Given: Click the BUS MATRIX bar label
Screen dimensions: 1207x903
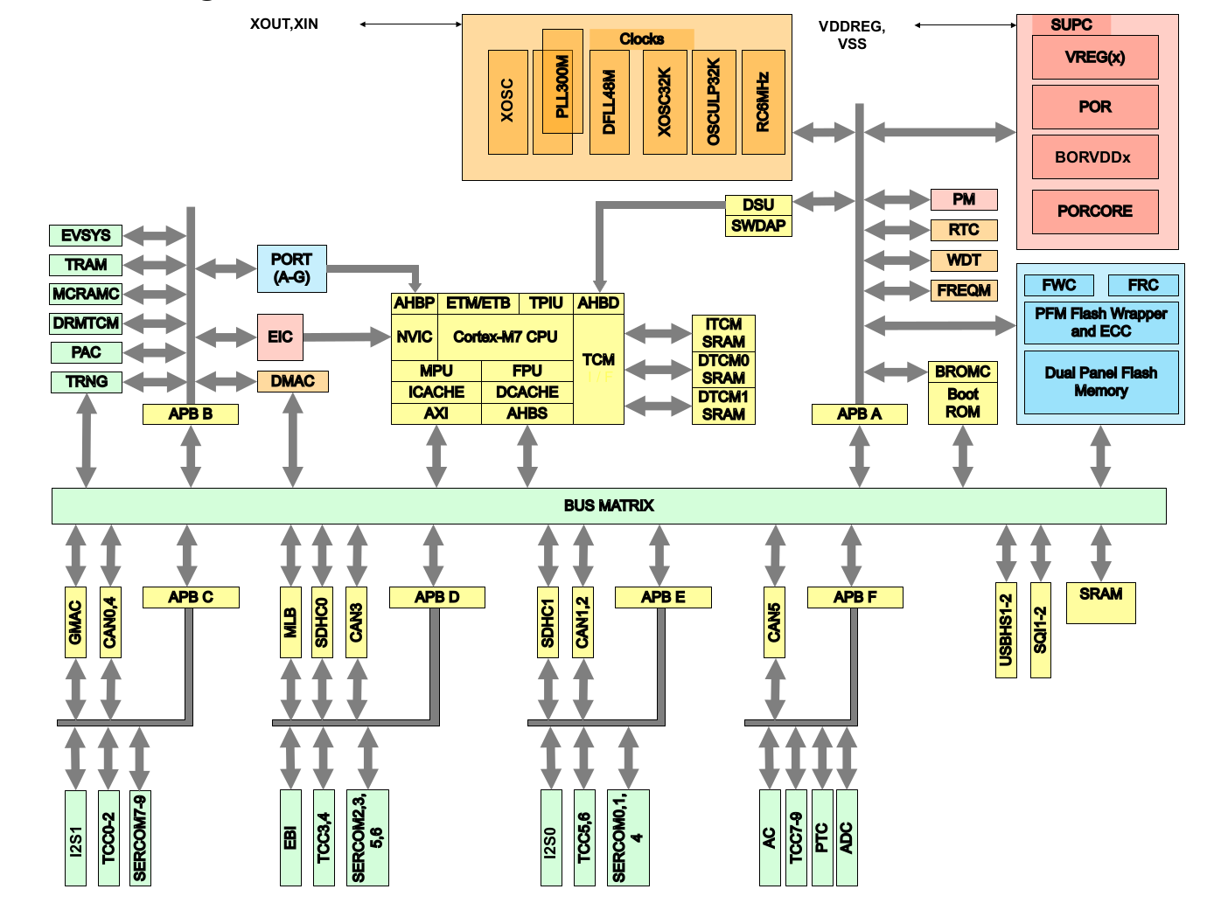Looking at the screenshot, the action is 609,505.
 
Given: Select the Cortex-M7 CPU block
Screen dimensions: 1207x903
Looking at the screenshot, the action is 506,337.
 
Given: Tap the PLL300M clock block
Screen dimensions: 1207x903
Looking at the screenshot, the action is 562,81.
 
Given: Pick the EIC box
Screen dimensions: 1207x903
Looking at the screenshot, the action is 280,337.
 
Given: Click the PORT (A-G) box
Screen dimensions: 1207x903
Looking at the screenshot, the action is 292,268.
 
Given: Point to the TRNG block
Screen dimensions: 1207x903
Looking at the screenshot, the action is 87,382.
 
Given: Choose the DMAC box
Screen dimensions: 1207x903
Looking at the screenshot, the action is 292,381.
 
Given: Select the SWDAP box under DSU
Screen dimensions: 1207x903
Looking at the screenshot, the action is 758,226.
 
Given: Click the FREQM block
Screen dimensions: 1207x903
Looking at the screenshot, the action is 964,290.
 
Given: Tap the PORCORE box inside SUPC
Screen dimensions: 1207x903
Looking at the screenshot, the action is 1095,212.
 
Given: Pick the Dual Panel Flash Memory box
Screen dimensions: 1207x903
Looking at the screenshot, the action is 1101,382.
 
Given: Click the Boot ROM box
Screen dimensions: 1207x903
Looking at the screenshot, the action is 963,403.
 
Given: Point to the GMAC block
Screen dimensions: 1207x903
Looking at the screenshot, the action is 75,622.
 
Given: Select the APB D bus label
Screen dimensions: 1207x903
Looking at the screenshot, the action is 437,597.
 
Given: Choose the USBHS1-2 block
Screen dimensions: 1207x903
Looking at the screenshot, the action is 1006,630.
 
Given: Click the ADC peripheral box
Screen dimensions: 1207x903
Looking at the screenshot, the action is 847,837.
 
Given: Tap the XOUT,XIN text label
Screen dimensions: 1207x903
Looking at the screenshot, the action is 283,24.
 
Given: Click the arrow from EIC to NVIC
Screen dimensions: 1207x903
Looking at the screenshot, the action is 346,337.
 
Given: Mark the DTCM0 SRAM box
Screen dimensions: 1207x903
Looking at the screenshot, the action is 723,370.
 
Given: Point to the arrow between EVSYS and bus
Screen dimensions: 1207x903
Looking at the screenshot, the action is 156,235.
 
